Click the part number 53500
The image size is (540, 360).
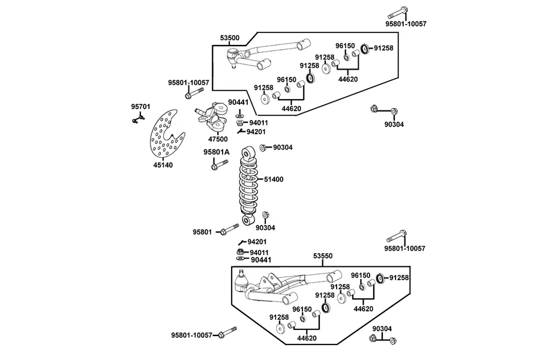point(230,38)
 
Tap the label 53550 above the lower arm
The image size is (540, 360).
point(323,256)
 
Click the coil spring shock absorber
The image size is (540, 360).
point(248,186)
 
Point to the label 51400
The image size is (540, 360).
point(274,179)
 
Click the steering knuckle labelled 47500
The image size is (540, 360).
point(213,117)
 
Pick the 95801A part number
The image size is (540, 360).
point(216,152)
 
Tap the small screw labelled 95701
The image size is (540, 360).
point(138,119)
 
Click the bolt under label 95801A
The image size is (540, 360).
point(219,164)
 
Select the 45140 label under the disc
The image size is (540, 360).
point(163,165)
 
